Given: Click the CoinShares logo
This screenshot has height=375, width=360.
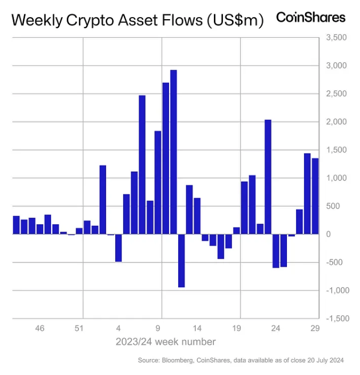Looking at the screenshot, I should pos(310,17).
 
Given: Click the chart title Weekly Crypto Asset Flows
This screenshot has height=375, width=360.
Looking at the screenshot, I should pos(138,21).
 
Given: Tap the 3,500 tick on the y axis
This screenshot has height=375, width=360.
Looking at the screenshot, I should pos(336,38).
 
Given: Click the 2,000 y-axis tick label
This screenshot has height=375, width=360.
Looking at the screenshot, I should pos(336,122).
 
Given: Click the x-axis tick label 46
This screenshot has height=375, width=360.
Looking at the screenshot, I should pos(39,329).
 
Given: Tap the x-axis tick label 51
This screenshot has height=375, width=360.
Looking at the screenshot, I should pos(79,329).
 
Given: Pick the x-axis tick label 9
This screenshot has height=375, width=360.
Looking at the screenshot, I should pos(158,329).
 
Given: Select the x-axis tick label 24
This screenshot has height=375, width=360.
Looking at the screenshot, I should pos(276,329).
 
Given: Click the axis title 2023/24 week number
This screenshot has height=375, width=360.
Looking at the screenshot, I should pos(166,341).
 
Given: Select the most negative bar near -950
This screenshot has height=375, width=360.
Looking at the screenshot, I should pos(181,260).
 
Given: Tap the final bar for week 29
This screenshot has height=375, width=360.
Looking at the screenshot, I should pos(315,196).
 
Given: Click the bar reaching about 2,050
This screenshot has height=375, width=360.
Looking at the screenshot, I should pos(268,177).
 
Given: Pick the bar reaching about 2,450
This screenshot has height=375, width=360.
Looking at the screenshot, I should pos(142,165).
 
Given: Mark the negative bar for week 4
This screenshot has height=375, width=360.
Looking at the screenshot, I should pos(118,248).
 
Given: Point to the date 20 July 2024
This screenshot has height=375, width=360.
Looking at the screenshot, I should pos(323,361).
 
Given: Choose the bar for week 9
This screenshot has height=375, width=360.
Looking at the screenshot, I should pos(158,182).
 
